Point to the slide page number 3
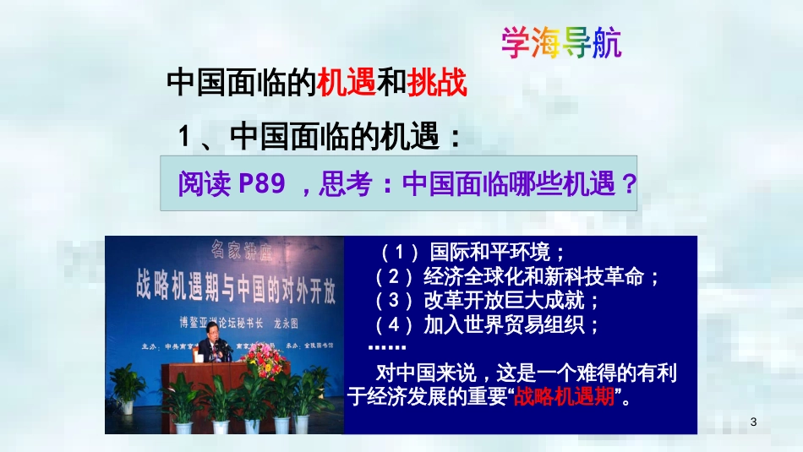(x=753, y=422)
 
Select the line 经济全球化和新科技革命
(x=540, y=276)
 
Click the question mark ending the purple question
(x=627, y=183)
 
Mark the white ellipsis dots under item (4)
(x=387, y=347)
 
